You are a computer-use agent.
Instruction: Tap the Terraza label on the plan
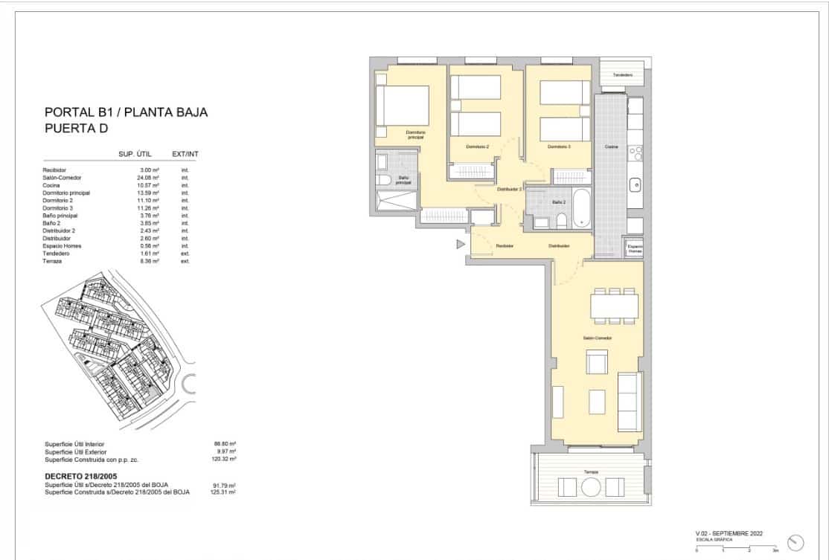[591, 472]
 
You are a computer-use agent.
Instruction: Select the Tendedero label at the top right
[623, 75]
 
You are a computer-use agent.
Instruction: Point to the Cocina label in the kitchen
[611, 147]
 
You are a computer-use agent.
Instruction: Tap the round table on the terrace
[592, 488]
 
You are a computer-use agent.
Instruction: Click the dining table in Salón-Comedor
[614, 306]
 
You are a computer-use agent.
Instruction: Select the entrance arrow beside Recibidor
[461, 244]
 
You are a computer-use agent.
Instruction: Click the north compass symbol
[795, 543]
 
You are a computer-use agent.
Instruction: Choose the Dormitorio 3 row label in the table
[58, 208]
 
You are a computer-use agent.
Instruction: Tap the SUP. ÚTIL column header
[135, 154]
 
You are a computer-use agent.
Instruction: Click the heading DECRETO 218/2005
[81, 476]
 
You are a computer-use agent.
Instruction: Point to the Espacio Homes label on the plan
[635, 249]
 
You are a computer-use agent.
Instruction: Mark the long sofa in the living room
[630, 402]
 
